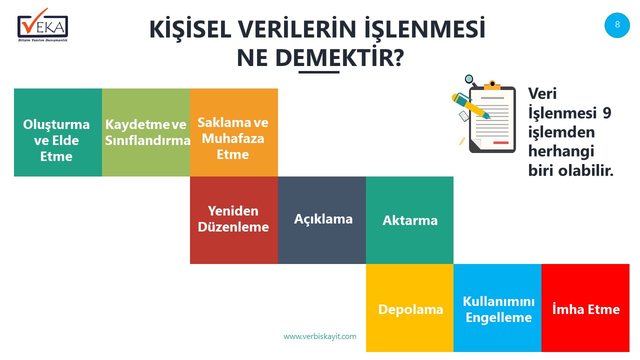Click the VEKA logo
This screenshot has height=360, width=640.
click(43, 25)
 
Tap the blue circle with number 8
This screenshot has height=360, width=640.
click(617, 25)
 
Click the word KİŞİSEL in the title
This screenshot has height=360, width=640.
click(190, 29)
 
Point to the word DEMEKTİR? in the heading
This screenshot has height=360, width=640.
click(339, 57)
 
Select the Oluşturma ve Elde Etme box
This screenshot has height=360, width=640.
click(58, 132)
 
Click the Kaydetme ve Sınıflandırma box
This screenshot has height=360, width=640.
click(146, 132)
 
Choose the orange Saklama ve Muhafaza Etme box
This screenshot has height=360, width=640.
click(234, 132)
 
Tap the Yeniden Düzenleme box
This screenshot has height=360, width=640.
click(234, 220)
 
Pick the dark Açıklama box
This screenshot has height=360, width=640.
click(322, 220)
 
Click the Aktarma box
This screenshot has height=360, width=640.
click(409, 220)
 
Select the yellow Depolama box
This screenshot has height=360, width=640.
click(409, 307)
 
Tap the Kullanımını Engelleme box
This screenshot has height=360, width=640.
click(497, 307)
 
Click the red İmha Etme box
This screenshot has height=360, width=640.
click(585, 307)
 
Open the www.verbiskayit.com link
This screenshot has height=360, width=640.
click(320, 336)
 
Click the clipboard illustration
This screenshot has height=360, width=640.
click(492, 117)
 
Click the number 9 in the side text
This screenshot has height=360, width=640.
click(607, 113)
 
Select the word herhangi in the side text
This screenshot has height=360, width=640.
click(561, 151)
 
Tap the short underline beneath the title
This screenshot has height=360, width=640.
click(319, 72)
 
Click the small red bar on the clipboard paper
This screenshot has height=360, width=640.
click(501, 142)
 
